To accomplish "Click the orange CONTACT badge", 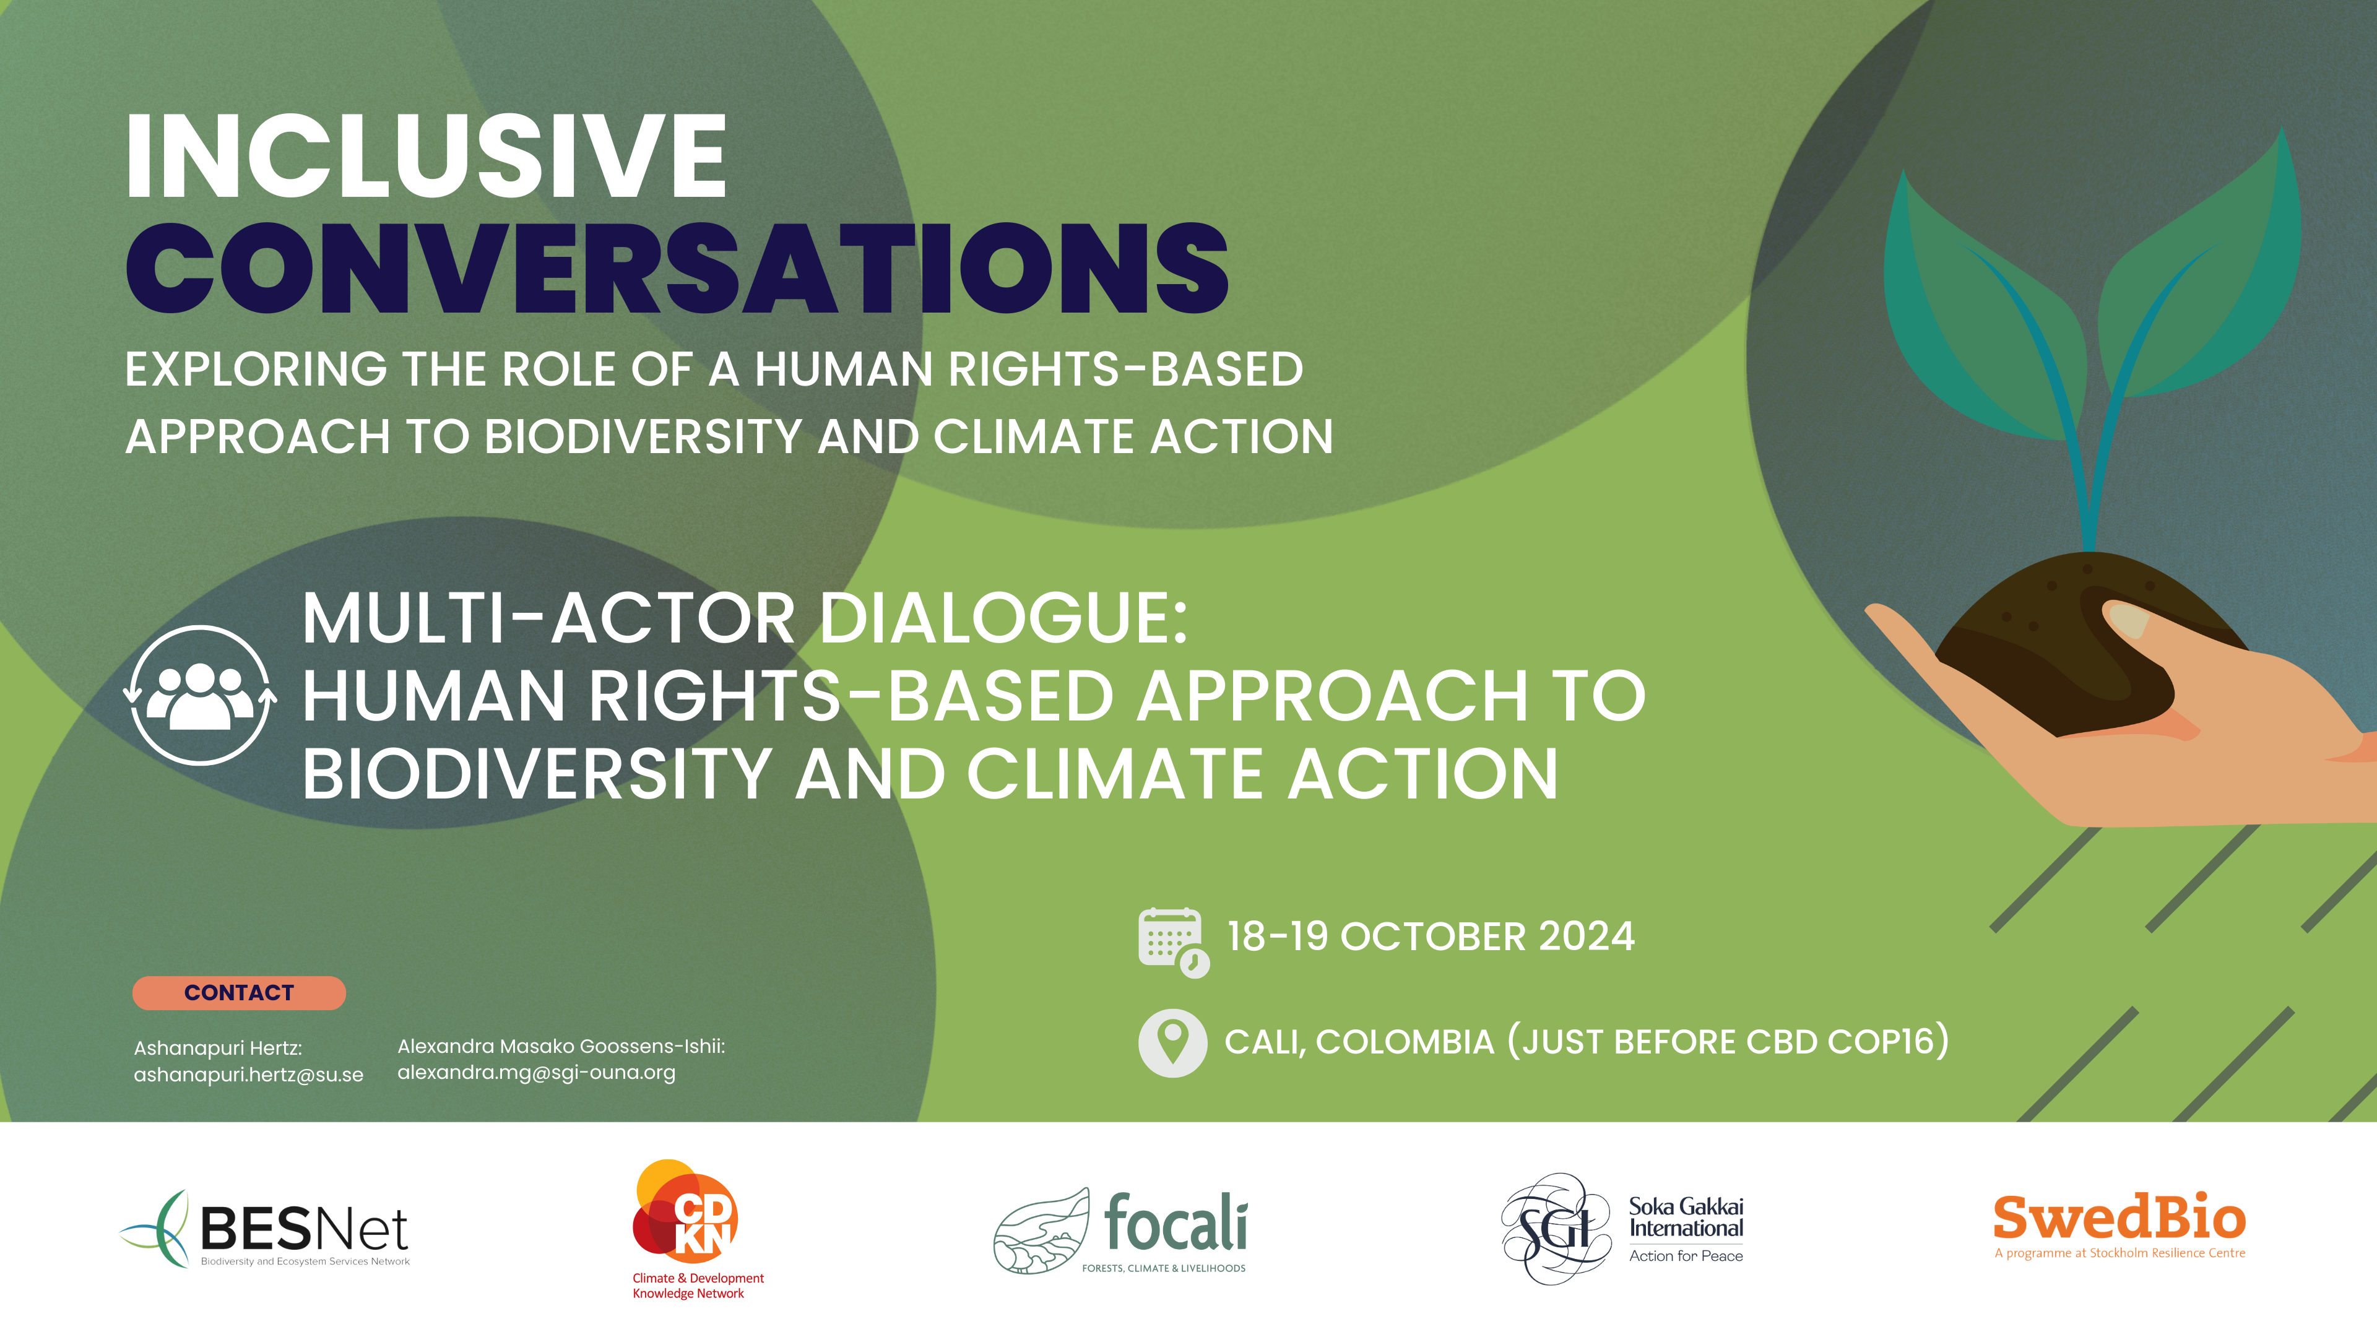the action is pyautogui.click(x=239, y=993).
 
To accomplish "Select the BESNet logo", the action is pyautogui.click(x=266, y=1229).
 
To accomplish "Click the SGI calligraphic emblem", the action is pyautogui.click(x=1557, y=1228).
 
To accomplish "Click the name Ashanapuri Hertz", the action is pyautogui.click(x=218, y=1048).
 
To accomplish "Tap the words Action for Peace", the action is pyautogui.click(x=1686, y=1256).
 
